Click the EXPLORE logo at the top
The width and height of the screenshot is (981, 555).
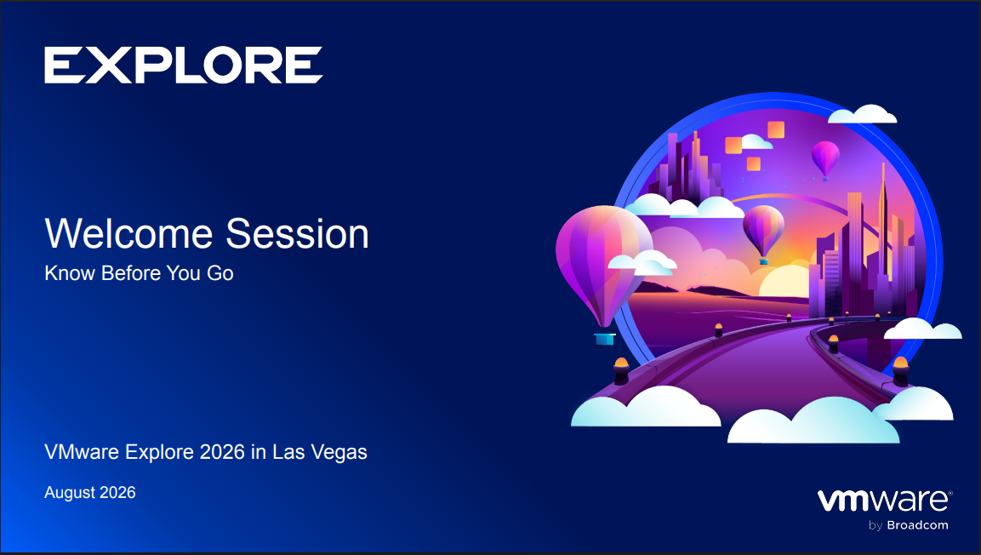point(183,65)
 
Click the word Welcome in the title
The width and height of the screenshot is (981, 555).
point(128,233)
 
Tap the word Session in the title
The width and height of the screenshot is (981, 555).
point(297,233)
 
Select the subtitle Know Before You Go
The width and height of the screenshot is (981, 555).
point(139,273)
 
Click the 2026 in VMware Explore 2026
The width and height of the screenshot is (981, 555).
point(222,452)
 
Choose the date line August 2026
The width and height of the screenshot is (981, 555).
point(90,492)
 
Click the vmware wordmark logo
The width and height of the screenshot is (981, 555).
point(885,501)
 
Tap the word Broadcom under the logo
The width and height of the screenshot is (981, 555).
point(917,525)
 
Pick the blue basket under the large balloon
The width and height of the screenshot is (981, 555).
point(604,339)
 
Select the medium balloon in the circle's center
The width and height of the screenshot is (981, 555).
point(763,231)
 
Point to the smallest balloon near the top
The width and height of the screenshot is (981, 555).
point(825,157)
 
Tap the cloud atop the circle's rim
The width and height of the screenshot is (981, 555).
point(863,115)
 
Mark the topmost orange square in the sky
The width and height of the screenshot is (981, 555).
point(776,129)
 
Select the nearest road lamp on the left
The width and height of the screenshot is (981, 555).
point(621,370)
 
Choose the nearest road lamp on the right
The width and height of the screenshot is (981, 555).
point(900,370)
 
